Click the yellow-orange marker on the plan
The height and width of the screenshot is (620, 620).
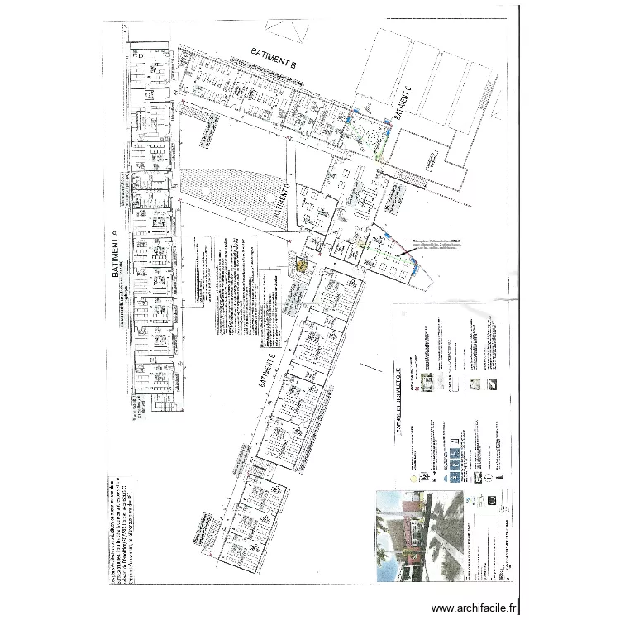point(302,266)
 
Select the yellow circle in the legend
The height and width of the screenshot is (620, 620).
point(413,478)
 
